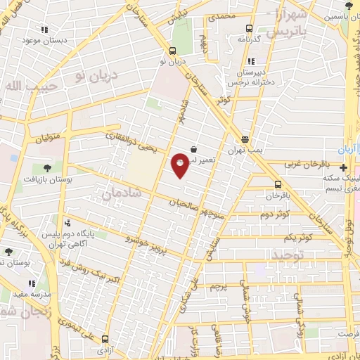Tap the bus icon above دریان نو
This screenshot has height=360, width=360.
point(172,50)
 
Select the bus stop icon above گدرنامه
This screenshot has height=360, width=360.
point(248,29)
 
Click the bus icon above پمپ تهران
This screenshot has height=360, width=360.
point(244,139)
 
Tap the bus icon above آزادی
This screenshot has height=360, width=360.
point(105,338)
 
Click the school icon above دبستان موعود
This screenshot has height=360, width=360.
point(44,30)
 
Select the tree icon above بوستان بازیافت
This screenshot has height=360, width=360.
point(46,168)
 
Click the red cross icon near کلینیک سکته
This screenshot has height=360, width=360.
point(342,167)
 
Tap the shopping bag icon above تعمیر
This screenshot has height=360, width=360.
point(193,148)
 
